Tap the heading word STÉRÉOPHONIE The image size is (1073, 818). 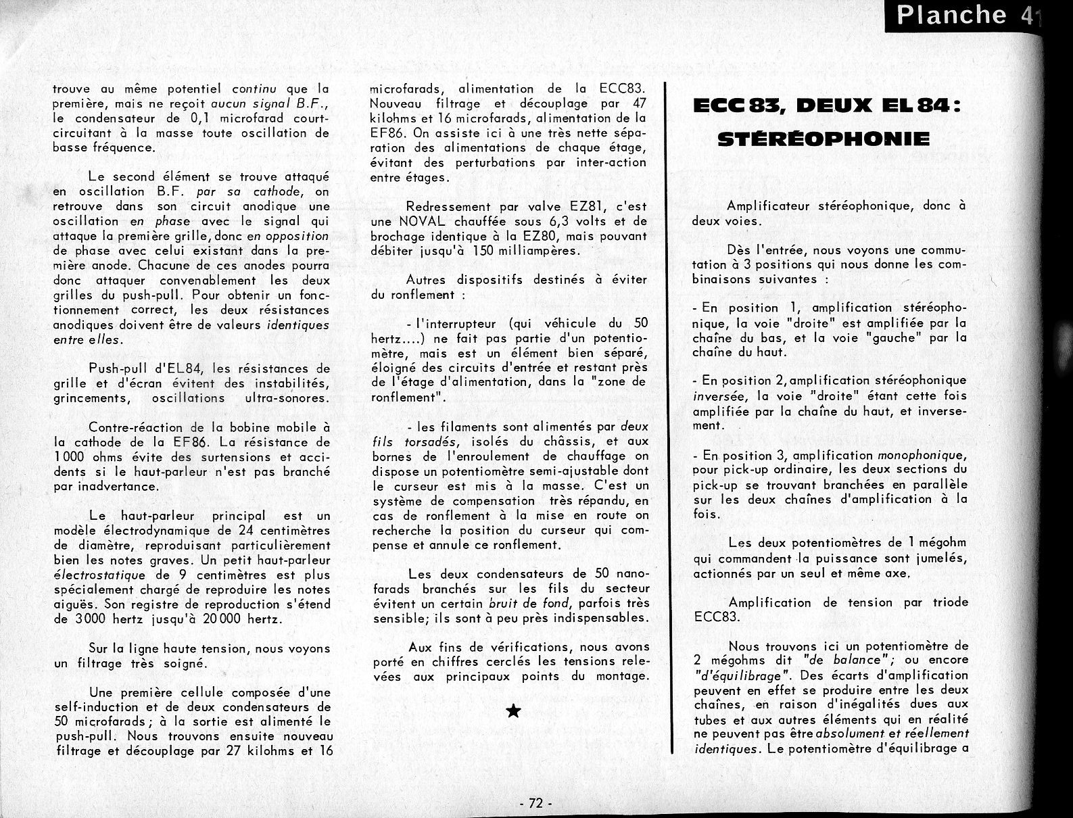tap(823, 140)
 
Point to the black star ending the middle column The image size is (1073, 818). tap(513, 711)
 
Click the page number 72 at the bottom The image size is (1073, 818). tap(536, 803)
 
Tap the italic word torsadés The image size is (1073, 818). tap(414, 442)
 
